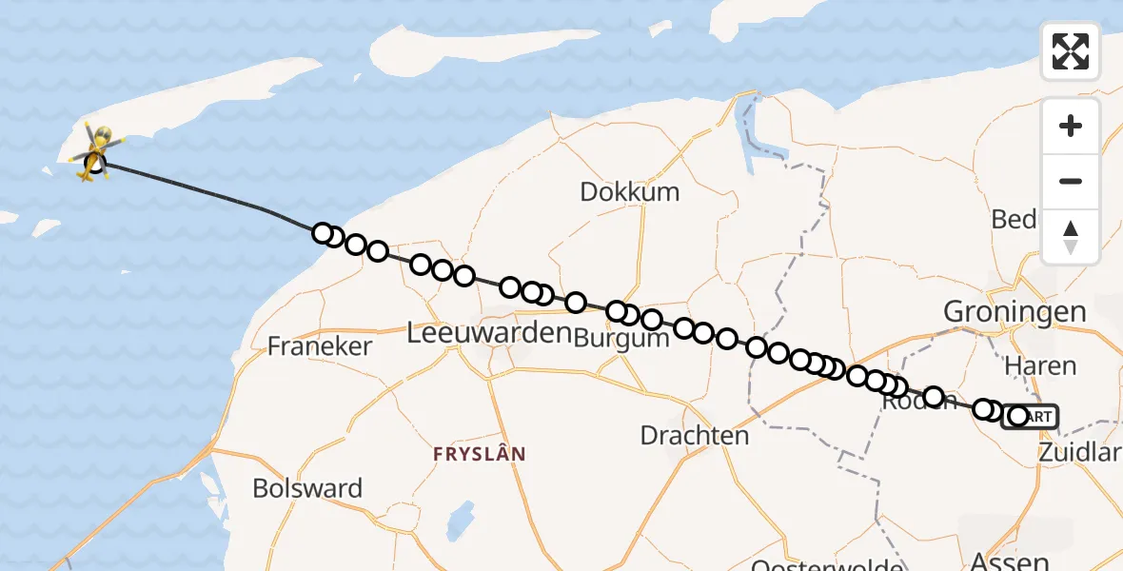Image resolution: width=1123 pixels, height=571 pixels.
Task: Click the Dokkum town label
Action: [631, 192]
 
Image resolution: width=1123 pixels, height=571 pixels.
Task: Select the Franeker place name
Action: [319, 346]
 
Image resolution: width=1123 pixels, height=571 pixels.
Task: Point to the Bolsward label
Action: [307, 489]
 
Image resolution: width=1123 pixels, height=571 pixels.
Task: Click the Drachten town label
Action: [695, 436]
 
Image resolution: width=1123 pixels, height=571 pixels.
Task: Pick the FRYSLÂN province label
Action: [479, 455]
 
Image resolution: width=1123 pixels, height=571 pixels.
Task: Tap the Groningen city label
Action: [1015, 311]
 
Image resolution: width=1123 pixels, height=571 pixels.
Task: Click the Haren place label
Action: [1041, 365]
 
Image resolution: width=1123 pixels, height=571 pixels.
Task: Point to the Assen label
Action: [1010, 561]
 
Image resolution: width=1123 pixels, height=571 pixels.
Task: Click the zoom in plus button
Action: [1071, 126]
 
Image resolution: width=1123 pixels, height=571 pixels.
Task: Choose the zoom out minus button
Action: [1071, 181]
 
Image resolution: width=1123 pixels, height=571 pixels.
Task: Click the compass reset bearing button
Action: [1071, 236]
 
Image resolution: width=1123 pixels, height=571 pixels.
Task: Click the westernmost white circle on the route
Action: [323, 233]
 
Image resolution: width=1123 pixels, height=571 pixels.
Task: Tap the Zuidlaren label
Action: [1083, 453]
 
